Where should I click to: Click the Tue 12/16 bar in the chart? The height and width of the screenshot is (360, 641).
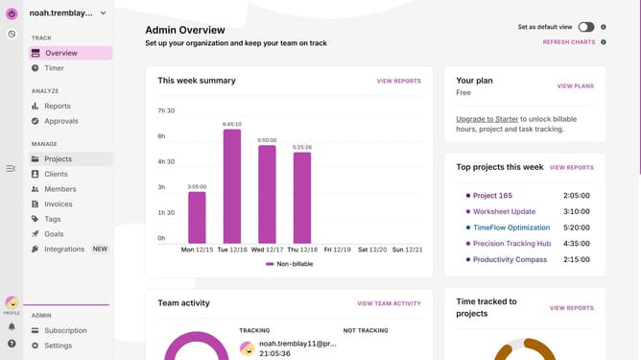[x=232, y=186]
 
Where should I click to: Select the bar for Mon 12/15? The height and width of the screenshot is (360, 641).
[x=197, y=218]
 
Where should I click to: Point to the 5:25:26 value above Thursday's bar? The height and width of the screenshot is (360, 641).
[x=302, y=147]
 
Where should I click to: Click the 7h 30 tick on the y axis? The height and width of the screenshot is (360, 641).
[x=166, y=110]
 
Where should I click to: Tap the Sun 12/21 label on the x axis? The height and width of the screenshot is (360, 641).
[x=407, y=250]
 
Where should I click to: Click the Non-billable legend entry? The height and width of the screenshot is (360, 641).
[x=290, y=264]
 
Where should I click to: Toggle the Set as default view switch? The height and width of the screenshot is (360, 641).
[x=585, y=27]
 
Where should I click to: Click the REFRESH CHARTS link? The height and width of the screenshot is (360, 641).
[x=569, y=42]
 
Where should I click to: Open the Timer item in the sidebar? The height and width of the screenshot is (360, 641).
[x=54, y=68]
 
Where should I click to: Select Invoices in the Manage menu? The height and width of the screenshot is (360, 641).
[x=58, y=204]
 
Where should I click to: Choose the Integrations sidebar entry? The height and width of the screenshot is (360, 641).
[x=64, y=249]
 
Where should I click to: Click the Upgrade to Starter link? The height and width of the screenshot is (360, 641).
[x=487, y=119]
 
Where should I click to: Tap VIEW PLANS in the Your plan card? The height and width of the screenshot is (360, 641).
[x=575, y=85]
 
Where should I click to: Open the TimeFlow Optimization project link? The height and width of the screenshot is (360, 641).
[x=511, y=228]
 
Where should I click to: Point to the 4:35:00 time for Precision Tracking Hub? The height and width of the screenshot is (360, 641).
[x=577, y=244]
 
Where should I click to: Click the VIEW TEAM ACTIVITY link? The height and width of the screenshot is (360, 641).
[x=389, y=303]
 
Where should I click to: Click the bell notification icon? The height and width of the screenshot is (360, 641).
[x=12, y=326]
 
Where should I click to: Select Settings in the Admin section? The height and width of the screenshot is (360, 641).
[x=58, y=346]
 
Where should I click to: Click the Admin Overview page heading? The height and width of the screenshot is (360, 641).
[x=185, y=30]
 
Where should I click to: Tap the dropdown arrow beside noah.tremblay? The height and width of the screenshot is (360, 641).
[x=103, y=13]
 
